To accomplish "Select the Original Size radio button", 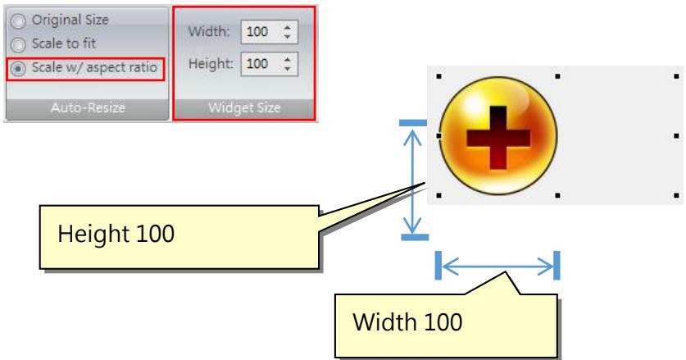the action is [x=18, y=21].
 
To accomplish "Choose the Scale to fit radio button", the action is [x=18, y=44].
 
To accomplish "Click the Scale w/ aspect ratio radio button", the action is [x=18, y=69].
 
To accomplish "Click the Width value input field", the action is [x=261, y=31].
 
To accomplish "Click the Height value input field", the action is [x=261, y=64].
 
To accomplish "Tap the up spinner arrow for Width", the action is [x=288, y=27].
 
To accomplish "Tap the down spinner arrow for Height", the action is [x=288, y=69].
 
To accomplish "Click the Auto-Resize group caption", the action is [x=88, y=107].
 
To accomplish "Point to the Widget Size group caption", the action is [x=244, y=107].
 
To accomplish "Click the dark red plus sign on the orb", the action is [x=498, y=138].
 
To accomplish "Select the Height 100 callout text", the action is [x=116, y=234].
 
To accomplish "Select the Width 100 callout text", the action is [x=407, y=322].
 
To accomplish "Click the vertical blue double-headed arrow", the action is [x=412, y=180].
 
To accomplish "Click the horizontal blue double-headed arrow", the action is [x=497, y=266].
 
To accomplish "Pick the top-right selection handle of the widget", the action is [x=676, y=76].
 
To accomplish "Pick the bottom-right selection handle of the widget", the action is [x=676, y=195].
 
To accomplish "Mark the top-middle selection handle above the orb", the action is [x=557, y=76].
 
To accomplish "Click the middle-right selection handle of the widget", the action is [x=676, y=136].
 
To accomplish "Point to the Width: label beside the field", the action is [x=209, y=31].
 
